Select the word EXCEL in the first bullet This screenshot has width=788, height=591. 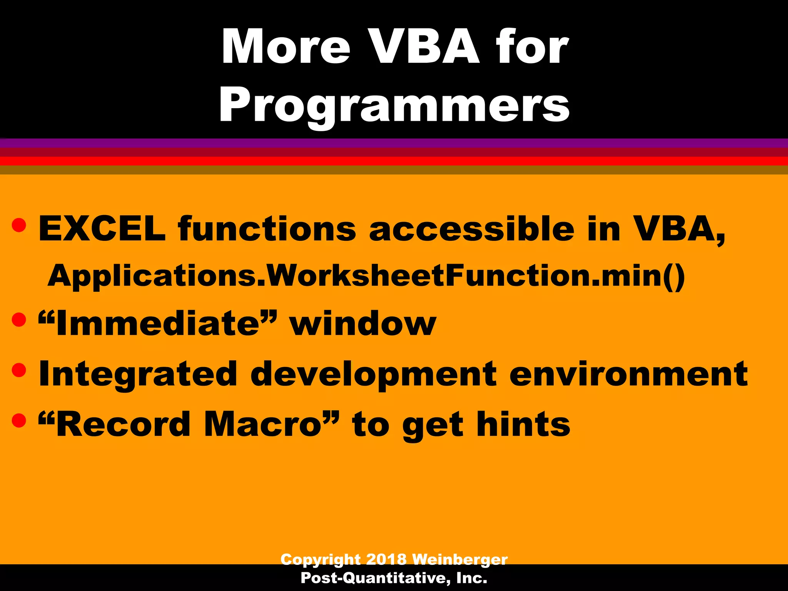coord(102,229)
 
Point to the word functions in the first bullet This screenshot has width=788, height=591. coord(267,229)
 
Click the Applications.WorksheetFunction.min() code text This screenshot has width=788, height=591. coord(366,276)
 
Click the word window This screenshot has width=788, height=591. coord(363,324)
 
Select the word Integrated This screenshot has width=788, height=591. coord(138,374)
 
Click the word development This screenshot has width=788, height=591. coord(373,374)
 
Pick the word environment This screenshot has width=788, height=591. coord(628,374)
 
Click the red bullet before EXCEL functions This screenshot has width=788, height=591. coord(19,225)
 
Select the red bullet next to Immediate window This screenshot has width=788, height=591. coord(19,319)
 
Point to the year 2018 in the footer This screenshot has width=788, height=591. coord(386,559)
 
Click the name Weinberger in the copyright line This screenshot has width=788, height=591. coord(460,559)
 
